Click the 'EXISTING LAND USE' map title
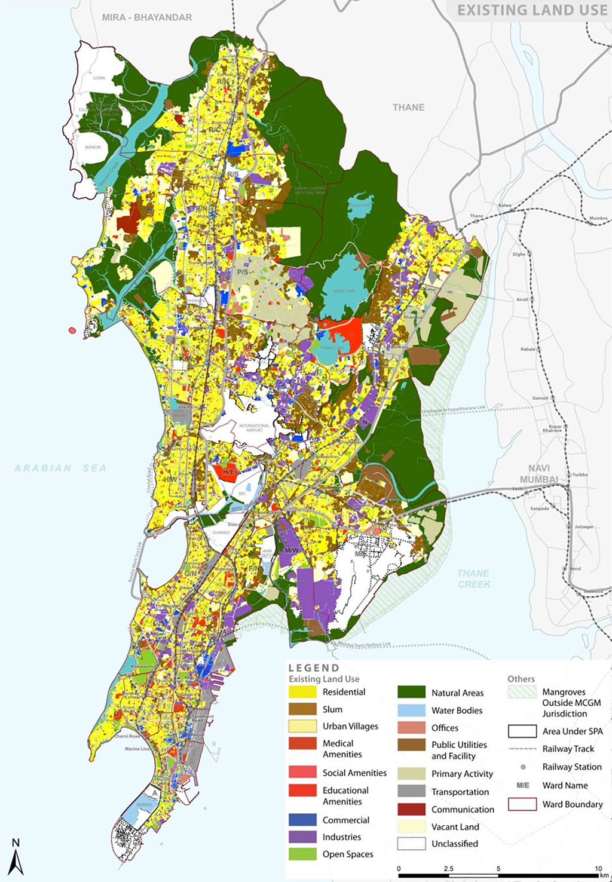pos(532,10)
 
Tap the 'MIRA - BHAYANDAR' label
pos(147,17)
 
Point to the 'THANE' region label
pos(408,108)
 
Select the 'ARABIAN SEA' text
pos(60,468)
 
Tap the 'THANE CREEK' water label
pos(474,578)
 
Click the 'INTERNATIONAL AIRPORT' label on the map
pos(255,428)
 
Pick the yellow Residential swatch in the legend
pos(302,692)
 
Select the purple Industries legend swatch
pos(302,837)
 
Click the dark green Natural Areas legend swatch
pos(411,693)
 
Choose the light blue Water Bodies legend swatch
pos(411,710)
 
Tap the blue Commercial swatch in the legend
pos(302,820)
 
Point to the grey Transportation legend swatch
pos(411,791)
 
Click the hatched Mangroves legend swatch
pos(522,693)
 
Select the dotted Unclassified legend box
pos(411,843)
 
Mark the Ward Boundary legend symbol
pos(522,804)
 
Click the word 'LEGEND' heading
pos(314,668)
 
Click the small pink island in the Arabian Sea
pos(72,330)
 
